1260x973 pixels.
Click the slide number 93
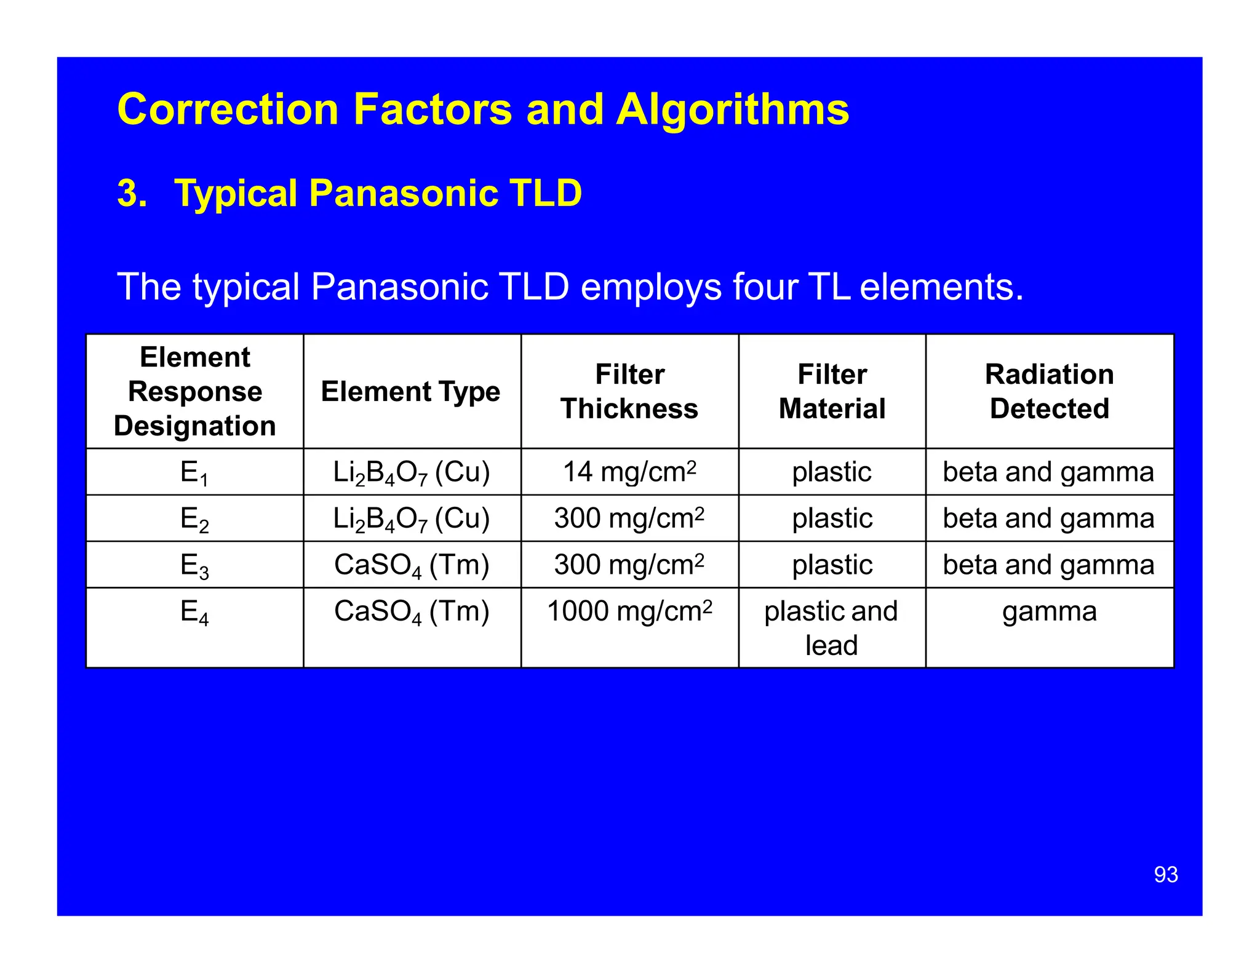pos(1165,875)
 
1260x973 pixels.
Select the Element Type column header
pos(411,392)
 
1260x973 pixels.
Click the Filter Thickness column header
pos(629,392)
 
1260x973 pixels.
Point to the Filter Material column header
pos(832,392)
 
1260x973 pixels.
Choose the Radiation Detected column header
pos(1049,392)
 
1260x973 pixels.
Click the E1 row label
pos(194,473)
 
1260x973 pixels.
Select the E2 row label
pos(194,519)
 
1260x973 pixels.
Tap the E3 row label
pos(194,565)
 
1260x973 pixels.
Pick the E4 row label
pos(194,613)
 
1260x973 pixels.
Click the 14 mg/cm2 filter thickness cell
pos(629,472)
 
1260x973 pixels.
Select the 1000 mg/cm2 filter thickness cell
pos(629,611)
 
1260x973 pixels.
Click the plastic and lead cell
pos(831,628)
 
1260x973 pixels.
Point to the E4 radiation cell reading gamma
pos(1049,612)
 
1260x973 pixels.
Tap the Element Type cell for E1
pos(412,473)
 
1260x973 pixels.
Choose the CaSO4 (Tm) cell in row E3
pos(412,565)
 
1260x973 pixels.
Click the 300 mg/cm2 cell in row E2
pos(629,518)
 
